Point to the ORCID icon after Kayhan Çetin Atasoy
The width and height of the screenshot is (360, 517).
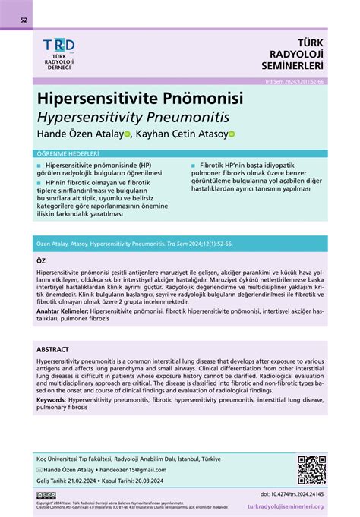point(232,135)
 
